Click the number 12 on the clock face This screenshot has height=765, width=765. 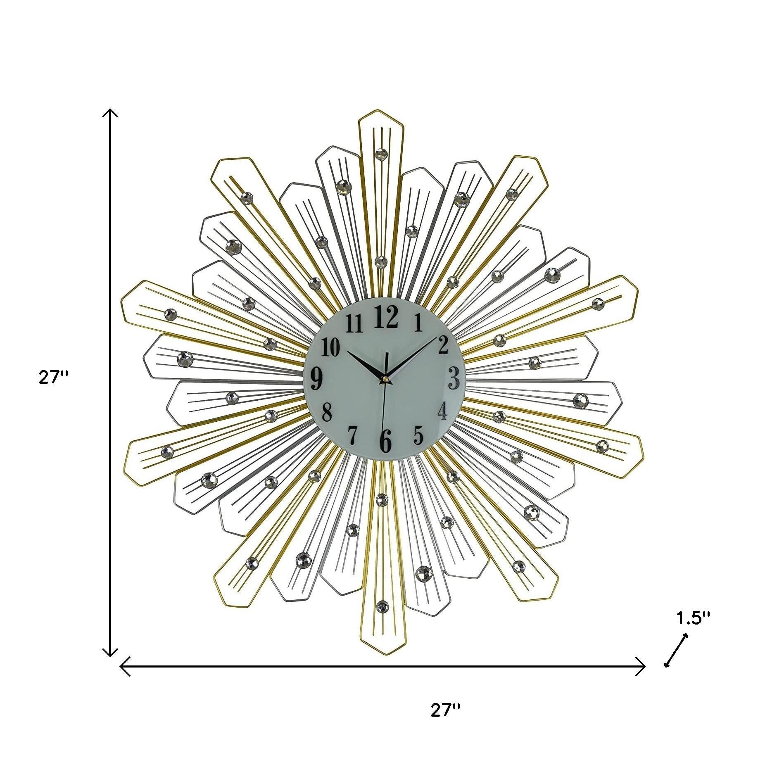pyautogui.click(x=386, y=317)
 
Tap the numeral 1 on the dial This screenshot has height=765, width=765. pyautogui.click(x=418, y=322)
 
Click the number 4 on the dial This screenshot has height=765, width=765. pyautogui.click(x=442, y=411)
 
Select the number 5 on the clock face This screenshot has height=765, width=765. pyautogui.click(x=418, y=434)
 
